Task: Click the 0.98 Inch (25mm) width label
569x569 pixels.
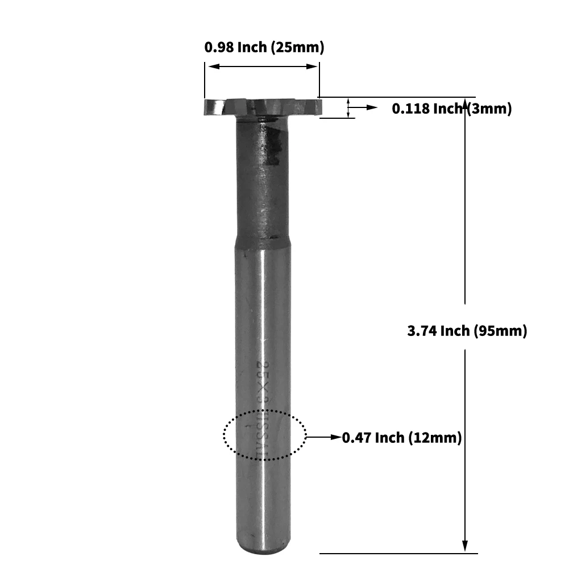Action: (x=264, y=47)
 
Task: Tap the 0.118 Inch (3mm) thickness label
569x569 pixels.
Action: (x=452, y=109)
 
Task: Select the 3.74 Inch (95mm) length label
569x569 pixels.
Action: (x=467, y=331)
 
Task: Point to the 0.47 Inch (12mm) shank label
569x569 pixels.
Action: (x=401, y=438)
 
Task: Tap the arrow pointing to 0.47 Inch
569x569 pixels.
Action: (x=324, y=437)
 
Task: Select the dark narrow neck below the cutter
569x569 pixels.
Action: (x=262, y=176)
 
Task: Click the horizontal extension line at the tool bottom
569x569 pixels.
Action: (x=398, y=553)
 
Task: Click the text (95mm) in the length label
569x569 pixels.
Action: (x=500, y=331)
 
